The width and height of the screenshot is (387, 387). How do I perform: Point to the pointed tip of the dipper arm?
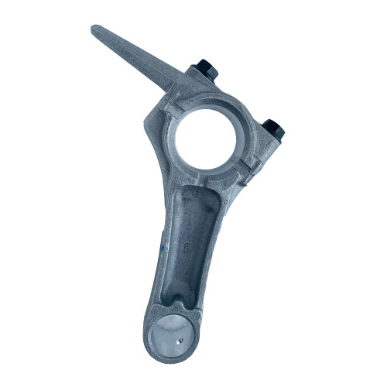[95, 31]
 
